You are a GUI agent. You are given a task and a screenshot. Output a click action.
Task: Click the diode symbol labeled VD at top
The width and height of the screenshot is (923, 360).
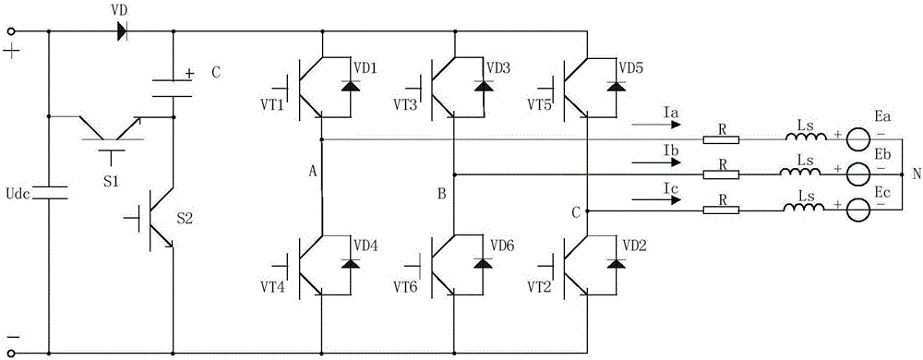click(121, 30)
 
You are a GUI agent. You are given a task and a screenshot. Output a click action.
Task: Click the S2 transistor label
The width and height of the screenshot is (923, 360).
click(186, 220)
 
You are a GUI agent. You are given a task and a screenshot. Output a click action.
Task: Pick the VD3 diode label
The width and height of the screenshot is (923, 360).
click(497, 67)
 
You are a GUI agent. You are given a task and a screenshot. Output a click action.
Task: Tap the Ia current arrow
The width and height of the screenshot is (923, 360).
click(655, 125)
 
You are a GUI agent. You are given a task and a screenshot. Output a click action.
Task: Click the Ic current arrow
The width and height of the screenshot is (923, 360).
click(655, 200)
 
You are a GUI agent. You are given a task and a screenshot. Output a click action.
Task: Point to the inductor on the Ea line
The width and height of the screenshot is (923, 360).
click(805, 138)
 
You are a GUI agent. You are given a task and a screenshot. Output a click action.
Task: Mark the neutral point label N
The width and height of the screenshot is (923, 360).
click(917, 174)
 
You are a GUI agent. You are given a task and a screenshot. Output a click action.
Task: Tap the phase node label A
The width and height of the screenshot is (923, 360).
click(313, 171)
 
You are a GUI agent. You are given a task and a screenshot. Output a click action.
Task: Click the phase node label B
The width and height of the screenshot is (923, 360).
click(441, 192)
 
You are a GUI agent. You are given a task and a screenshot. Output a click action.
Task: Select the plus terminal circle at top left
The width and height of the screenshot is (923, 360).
click(10, 30)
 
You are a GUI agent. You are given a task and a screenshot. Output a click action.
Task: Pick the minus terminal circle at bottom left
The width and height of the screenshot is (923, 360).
click(10, 353)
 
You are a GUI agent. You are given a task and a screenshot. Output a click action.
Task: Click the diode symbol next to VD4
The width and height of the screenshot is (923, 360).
click(352, 263)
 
